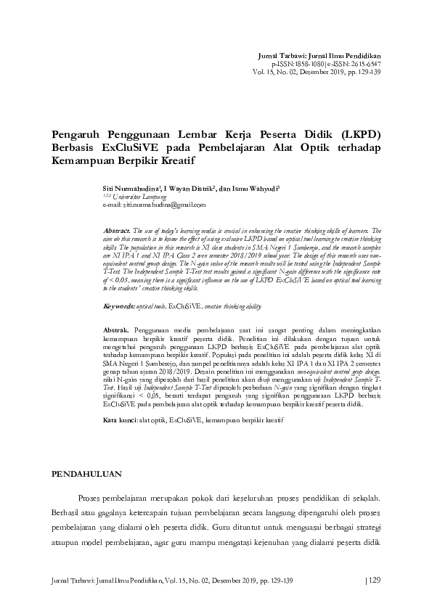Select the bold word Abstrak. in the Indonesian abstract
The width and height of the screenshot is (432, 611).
118,329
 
